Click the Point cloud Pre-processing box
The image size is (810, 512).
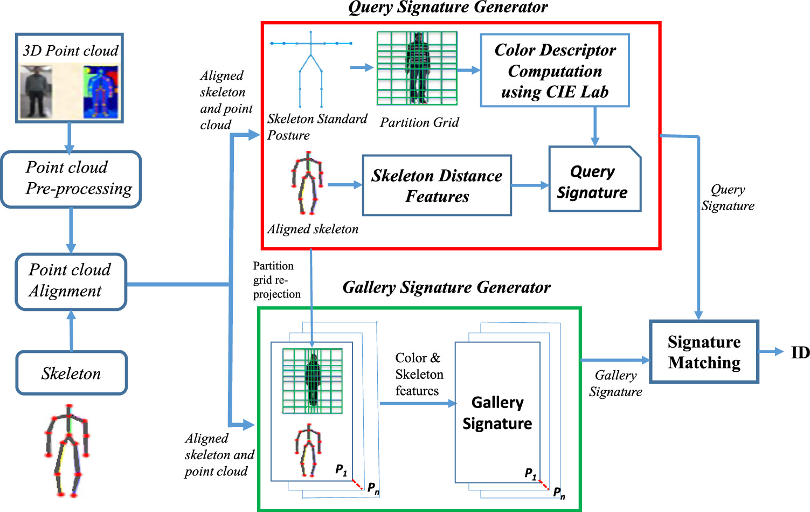[71, 179]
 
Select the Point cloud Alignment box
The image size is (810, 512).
[71, 281]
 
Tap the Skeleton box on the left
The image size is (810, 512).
[72, 373]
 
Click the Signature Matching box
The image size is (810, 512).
[704, 352]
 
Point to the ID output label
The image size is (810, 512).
[800, 352]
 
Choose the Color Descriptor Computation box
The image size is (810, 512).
[555, 71]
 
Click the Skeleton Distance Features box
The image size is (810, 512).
[437, 185]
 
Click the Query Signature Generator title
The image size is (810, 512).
[447, 8]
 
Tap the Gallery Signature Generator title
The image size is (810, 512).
[446, 287]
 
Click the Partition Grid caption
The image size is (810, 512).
[419, 122]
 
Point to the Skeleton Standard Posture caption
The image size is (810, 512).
[317, 127]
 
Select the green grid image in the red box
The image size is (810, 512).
[417, 68]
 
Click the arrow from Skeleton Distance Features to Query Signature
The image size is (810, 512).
[530, 185]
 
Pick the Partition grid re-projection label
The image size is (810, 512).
[276, 280]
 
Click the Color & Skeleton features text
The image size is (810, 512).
[419, 374]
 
